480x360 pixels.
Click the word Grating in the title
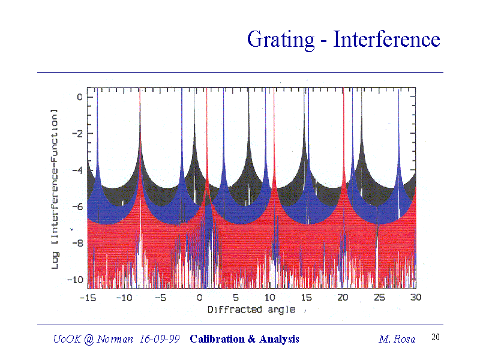click(x=280, y=40)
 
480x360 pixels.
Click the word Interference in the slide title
click(x=387, y=40)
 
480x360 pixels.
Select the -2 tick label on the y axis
click(x=77, y=133)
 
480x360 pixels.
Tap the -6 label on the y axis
click(x=77, y=206)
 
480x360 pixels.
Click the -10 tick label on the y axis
click(x=74, y=280)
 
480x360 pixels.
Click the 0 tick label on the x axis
click(x=199, y=298)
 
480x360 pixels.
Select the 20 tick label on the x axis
click(x=343, y=298)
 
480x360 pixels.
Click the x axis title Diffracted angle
click(x=251, y=310)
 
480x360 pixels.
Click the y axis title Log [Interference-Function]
click(x=55, y=188)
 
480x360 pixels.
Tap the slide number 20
click(x=436, y=338)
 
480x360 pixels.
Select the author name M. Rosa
click(x=397, y=339)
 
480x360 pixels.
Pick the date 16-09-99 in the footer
click(x=159, y=339)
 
